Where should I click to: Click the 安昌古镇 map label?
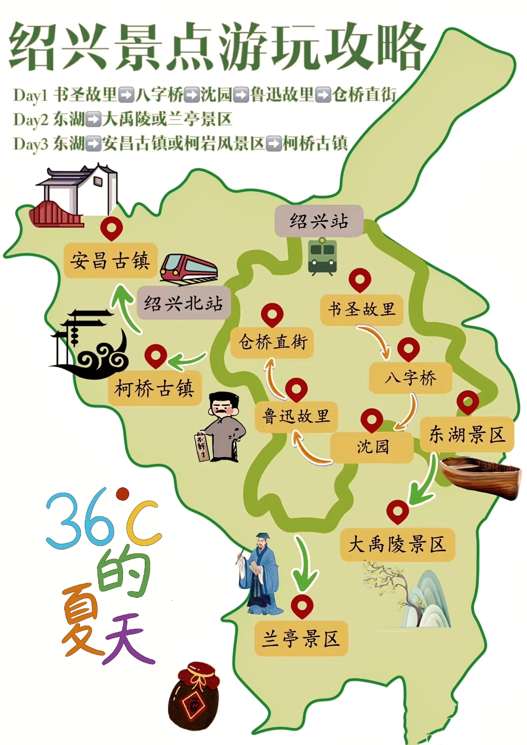pyautogui.click(x=110, y=261)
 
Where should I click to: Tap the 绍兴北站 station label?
pyautogui.click(x=183, y=303)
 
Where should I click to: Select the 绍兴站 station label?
pyautogui.click(x=319, y=221)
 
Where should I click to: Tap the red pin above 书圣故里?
pyautogui.click(x=360, y=280)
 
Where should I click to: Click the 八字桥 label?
pyautogui.click(x=410, y=378)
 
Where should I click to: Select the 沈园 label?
pyautogui.click(x=372, y=446)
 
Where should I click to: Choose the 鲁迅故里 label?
pyautogui.click(x=296, y=416)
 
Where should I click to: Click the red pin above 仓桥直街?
pyautogui.click(x=272, y=314)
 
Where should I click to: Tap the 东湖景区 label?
pyautogui.click(x=467, y=434)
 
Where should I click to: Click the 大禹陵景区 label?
pyautogui.click(x=397, y=544)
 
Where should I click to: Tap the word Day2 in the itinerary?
pyautogui.click(x=31, y=120)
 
